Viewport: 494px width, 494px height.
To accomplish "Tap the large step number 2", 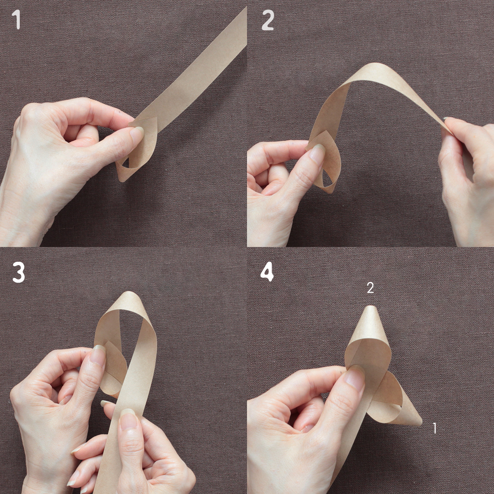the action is [x=268, y=21].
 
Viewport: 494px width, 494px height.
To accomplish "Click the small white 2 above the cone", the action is [x=370, y=288].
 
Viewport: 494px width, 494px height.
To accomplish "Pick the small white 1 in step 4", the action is [x=435, y=428].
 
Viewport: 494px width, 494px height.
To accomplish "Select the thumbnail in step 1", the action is [x=137, y=132].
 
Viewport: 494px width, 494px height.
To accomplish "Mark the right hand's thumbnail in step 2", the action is [x=447, y=119].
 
